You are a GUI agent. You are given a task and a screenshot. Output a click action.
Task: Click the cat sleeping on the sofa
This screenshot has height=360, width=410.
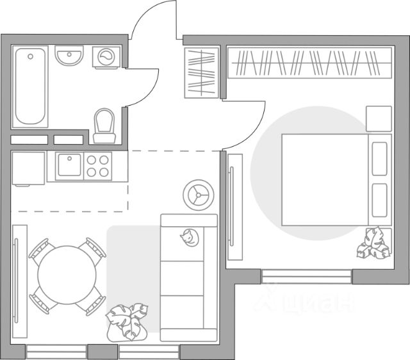(x=189, y=238)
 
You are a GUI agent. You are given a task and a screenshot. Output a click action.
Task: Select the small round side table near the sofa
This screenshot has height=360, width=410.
(x=198, y=193)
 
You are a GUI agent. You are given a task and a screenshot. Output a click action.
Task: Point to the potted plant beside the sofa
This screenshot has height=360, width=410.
(x=127, y=320)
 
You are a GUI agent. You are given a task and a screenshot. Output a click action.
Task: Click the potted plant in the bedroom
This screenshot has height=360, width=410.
(x=374, y=243)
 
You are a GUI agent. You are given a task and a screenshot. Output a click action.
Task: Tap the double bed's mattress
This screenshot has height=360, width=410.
(x=324, y=179)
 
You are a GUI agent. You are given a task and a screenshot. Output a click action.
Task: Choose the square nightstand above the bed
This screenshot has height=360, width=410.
(x=379, y=119)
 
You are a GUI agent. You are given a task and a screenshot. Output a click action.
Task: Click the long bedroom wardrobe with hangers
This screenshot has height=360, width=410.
(x=309, y=63)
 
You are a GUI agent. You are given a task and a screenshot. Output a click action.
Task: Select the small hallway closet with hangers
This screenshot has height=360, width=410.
(x=202, y=72)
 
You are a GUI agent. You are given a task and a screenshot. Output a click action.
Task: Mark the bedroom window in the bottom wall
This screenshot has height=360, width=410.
(x=306, y=277)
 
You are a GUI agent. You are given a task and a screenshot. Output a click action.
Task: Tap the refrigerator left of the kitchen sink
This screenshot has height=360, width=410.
(x=28, y=168)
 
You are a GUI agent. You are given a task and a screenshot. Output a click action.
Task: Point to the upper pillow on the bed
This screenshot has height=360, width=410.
(x=380, y=158)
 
